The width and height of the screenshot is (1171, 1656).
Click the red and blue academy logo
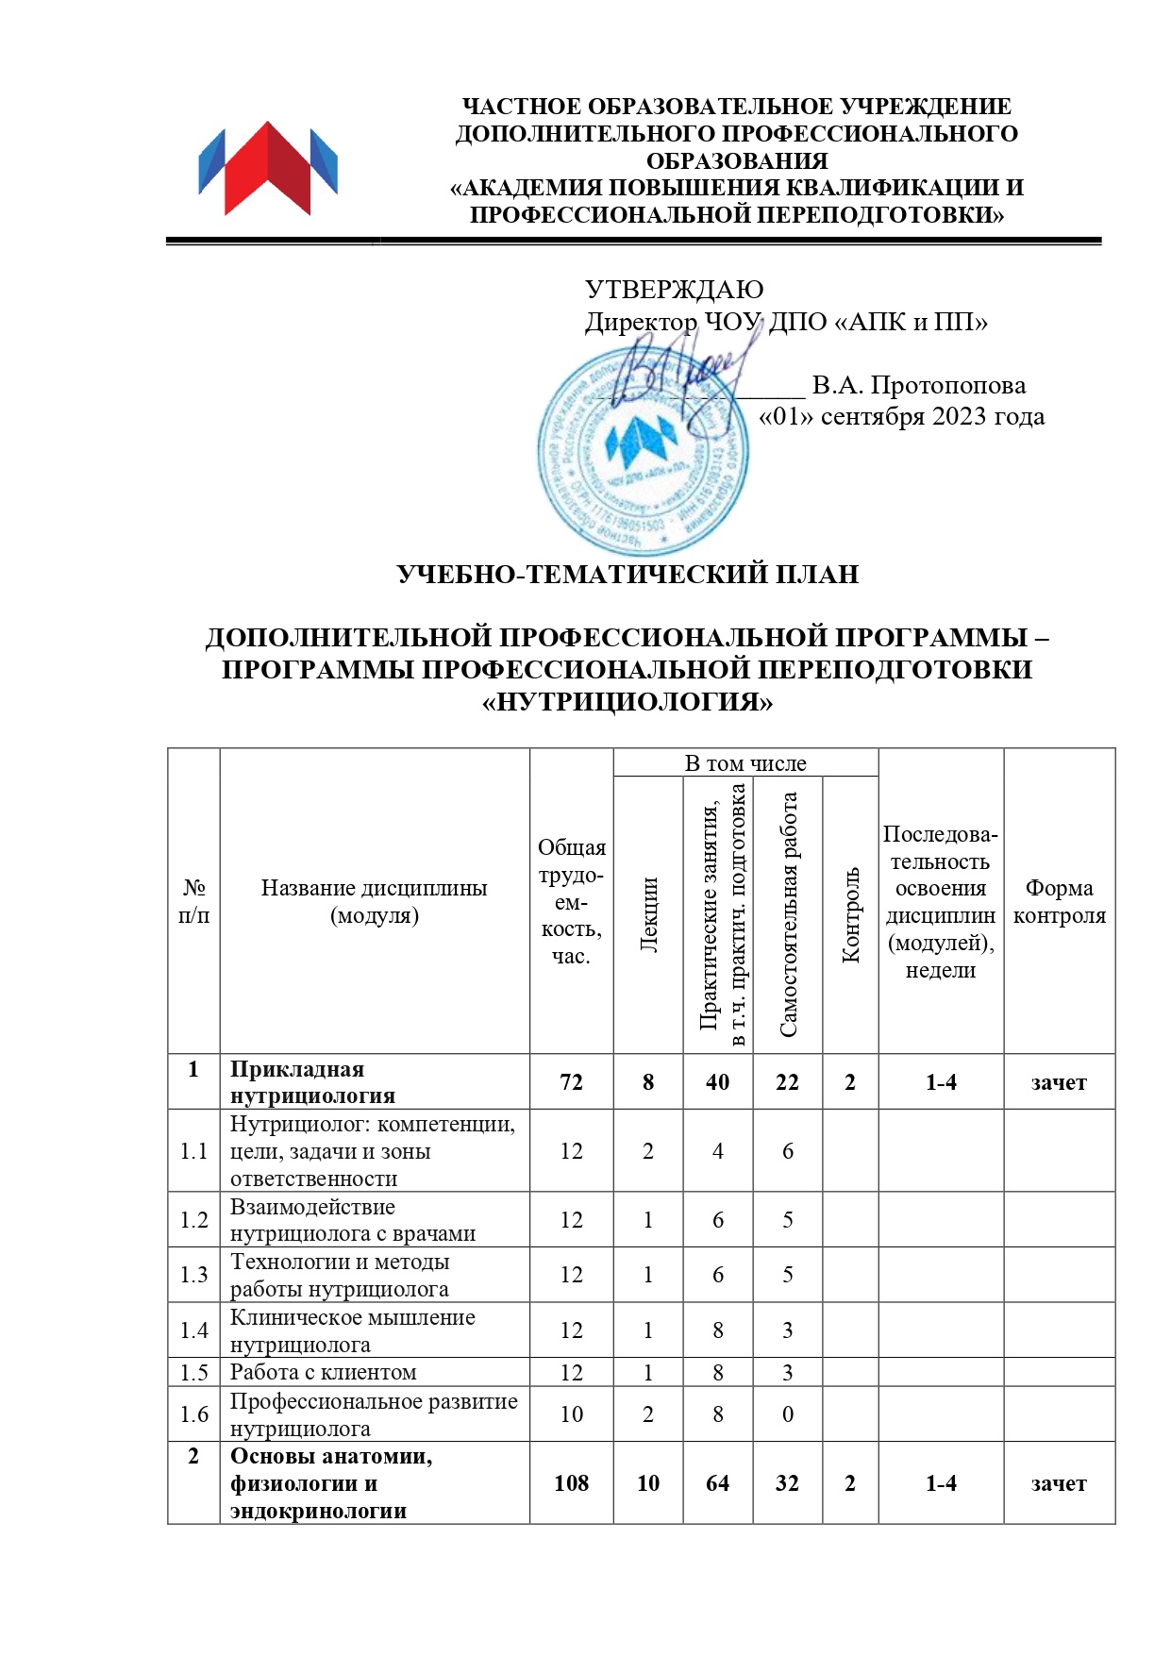(x=268, y=168)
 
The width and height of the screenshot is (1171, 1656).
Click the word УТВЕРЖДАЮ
(x=674, y=290)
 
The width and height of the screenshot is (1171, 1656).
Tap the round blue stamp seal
(x=642, y=451)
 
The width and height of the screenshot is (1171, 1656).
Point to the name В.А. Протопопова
(x=918, y=385)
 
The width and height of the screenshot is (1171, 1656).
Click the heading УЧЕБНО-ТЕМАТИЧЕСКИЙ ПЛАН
(x=627, y=574)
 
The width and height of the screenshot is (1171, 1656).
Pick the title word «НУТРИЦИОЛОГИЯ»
(x=627, y=702)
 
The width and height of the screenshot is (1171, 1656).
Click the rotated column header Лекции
(x=649, y=914)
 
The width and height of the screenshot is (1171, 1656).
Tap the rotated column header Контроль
(x=851, y=914)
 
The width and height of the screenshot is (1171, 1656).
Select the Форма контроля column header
(x=1059, y=901)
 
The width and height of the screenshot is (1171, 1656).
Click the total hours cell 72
(x=572, y=1082)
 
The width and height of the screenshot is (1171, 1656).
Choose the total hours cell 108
(x=572, y=1483)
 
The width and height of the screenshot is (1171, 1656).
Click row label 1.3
(x=194, y=1275)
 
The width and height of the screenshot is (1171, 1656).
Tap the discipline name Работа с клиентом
(x=323, y=1372)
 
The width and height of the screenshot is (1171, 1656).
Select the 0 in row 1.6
(x=788, y=1413)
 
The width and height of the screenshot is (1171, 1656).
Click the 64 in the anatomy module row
(x=718, y=1483)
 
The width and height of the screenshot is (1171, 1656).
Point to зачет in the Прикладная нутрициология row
(x=1059, y=1082)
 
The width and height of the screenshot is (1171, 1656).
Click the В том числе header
(x=745, y=763)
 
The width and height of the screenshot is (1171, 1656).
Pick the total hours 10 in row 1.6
(x=572, y=1413)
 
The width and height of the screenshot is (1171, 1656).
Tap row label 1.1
(x=194, y=1151)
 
